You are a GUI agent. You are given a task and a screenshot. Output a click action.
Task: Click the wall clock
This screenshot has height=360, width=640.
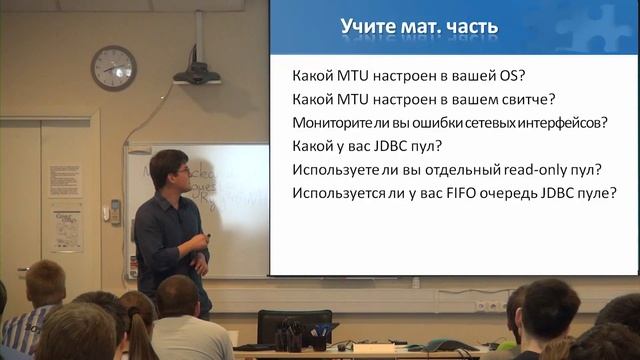click(x=113, y=68)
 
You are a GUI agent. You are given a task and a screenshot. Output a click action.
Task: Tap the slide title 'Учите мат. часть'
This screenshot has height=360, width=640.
click(x=419, y=27)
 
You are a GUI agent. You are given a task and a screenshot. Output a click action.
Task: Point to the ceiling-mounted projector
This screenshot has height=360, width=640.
click(x=197, y=72)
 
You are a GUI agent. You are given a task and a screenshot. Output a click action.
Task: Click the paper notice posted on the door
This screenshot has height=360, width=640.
click(x=66, y=229)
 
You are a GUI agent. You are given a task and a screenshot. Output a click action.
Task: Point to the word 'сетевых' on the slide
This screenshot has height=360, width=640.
click(x=482, y=122)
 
